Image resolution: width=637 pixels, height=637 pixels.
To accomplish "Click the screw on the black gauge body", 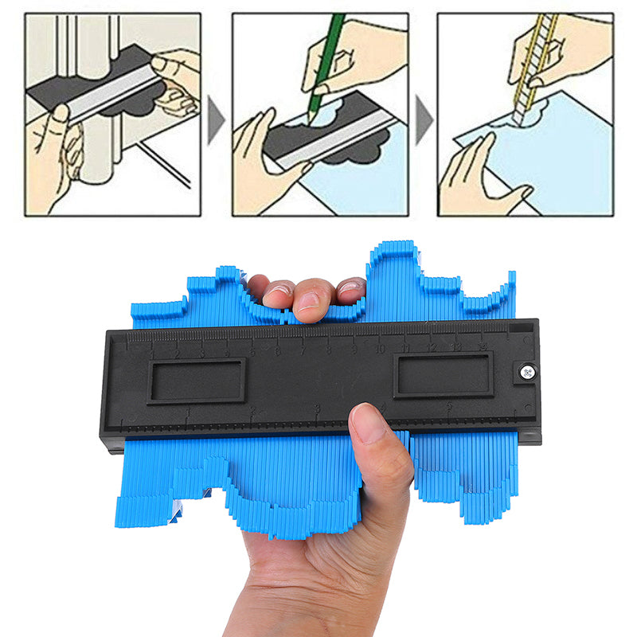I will (x=525, y=371).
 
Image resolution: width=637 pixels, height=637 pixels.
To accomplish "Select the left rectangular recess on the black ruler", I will (x=196, y=381).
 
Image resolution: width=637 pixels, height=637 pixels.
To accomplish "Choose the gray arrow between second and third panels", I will (x=423, y=119).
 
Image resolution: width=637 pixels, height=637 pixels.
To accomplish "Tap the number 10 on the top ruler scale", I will (x=380, y=349).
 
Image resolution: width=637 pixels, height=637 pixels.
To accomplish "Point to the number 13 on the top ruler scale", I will (x=457, y=347).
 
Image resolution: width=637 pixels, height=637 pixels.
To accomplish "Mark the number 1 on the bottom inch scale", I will (x=189, y=411).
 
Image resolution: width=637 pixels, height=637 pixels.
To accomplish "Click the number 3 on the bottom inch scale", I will (x=317, y=409).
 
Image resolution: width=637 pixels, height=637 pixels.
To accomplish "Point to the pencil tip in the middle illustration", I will (x=311, y=119).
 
